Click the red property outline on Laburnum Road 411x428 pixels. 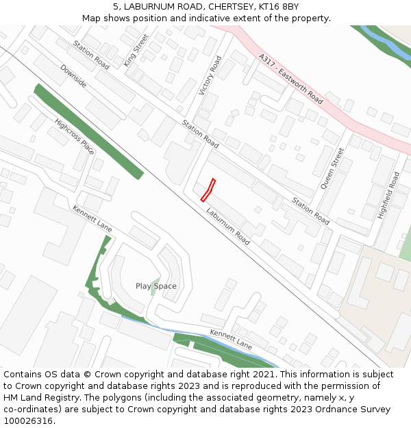pos(208,190)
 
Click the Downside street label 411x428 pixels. pos(73,76)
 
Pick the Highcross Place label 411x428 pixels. pos(74,136)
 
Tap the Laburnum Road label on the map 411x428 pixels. pos(228,227)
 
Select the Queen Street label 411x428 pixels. pos(332,168)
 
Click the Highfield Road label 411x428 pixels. pos(388,195)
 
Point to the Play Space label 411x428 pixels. pos(155,286)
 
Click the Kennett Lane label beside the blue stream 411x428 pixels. pos(231,340)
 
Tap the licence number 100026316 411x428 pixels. pos(28,421)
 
